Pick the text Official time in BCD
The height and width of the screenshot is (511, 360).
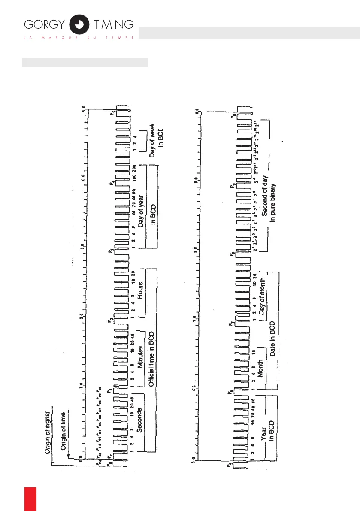[x=151, y=359]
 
